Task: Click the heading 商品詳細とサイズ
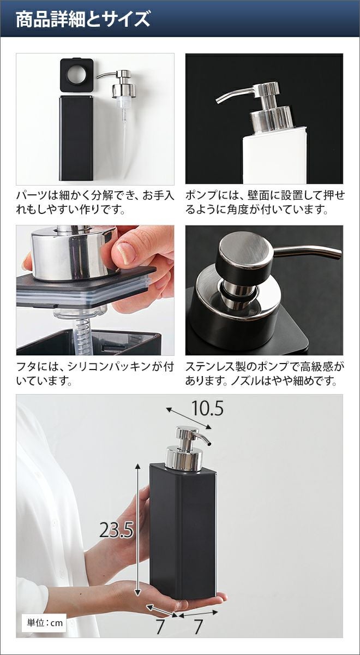tap(83, 20)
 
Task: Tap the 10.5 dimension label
tap(207, 408)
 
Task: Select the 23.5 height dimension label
tap(116, 530)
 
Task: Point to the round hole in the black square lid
tap(77, 74)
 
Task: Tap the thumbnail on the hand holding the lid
tap(127, 253)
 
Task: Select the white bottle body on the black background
tap(274, 155)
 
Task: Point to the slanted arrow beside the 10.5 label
tap(189, 418)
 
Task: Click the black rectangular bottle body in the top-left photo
tap(76, 138)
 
